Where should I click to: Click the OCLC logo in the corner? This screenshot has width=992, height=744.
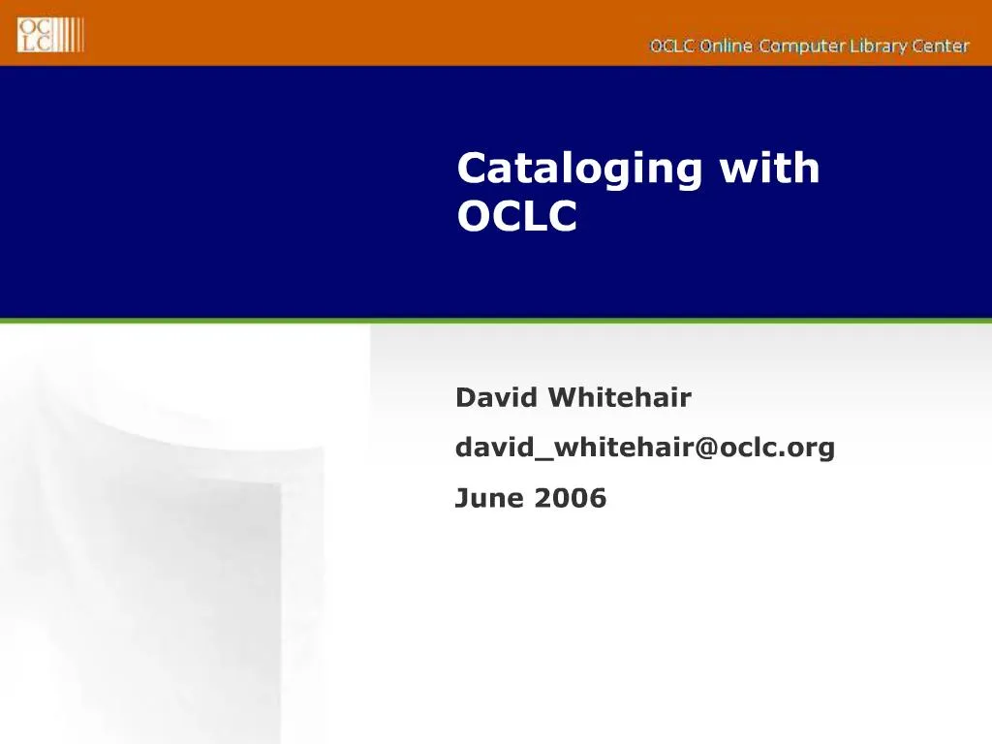click(x=50, y=35)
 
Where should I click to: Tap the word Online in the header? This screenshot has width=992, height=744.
click(x=726, y=46)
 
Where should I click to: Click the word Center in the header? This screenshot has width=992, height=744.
click(x=940, y=46)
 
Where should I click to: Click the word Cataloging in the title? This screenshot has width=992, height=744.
click(x=579, y=170)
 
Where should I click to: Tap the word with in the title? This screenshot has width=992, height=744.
click(x=769, y=169)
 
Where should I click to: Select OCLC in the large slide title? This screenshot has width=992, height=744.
click(x=516, y=217)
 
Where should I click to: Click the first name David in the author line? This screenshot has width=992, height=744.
click(x=497, y=397)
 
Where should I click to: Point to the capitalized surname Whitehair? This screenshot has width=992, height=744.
click(x=619, y=397)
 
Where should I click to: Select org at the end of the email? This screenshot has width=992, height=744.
click(x=812, y=449)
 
